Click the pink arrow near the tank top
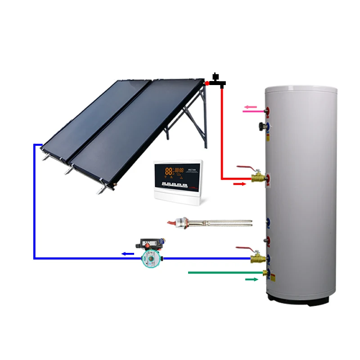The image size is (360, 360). [250, 107]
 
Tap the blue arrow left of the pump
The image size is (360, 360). [128, 254]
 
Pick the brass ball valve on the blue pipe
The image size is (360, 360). [257, 258]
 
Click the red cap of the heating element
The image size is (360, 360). [172, 222]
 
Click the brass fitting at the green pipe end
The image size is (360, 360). [265, 273]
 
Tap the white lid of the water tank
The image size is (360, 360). [301, 86]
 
